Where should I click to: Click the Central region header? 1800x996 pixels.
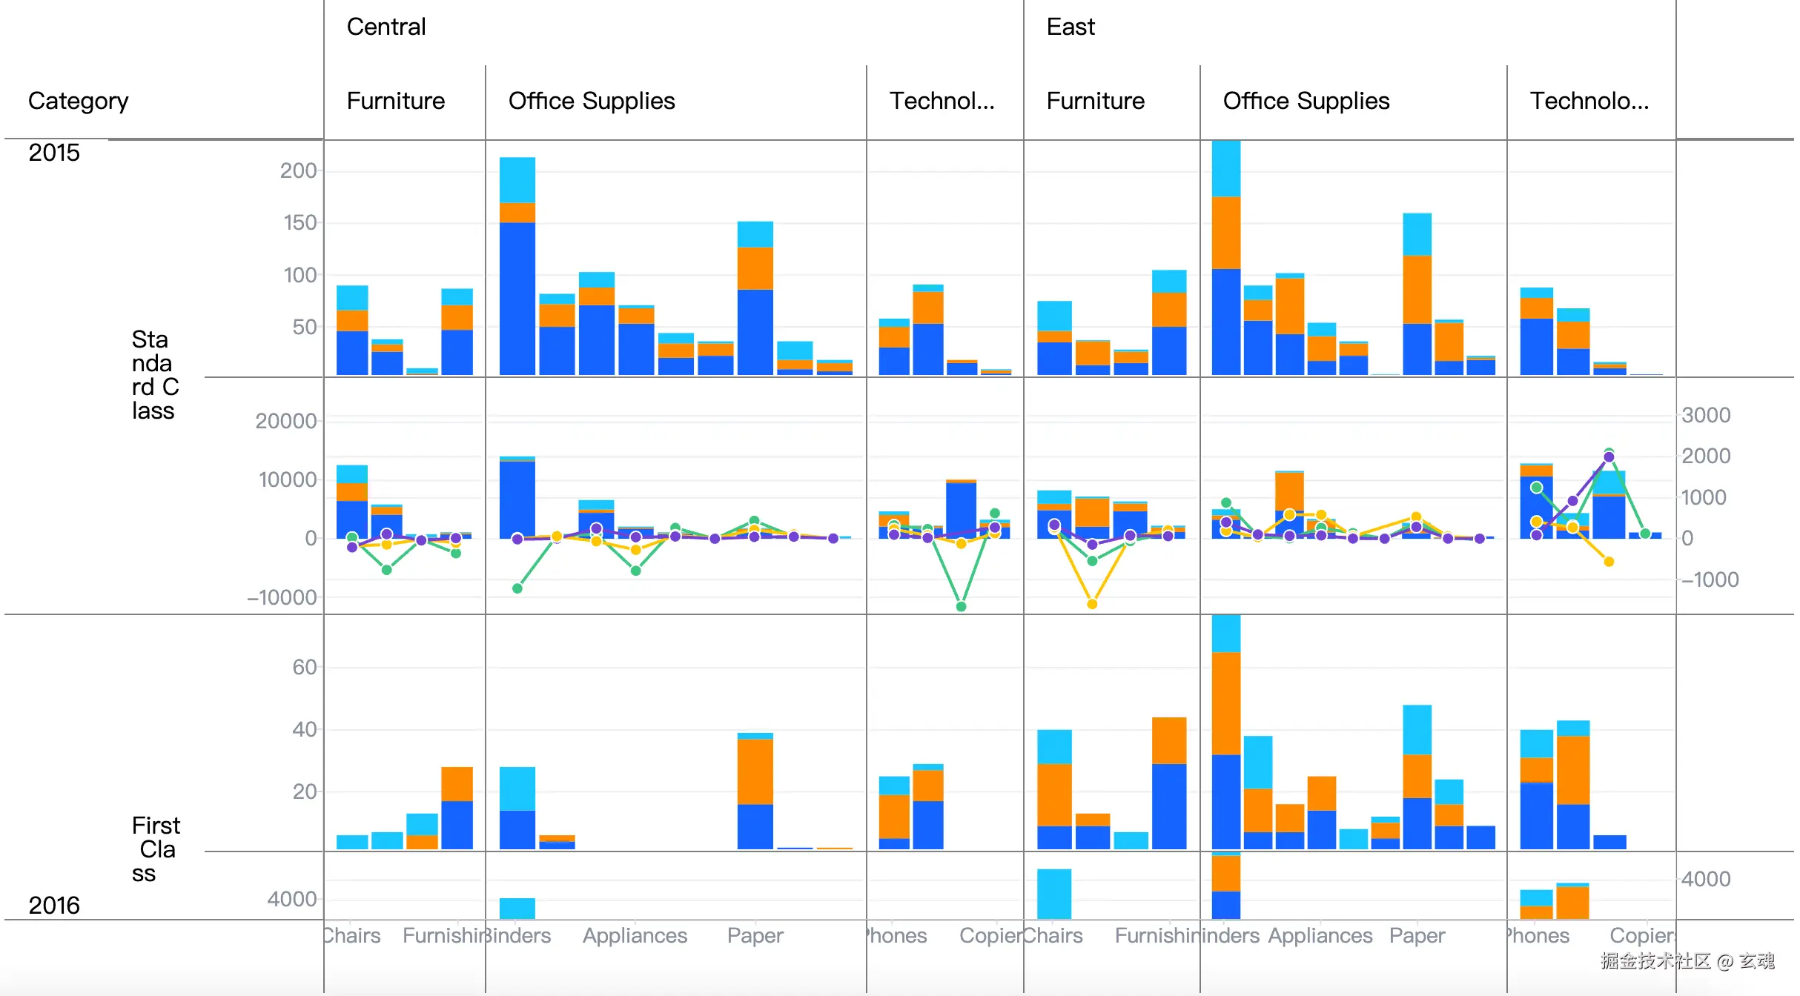pyautogui.click(x=386, y=27)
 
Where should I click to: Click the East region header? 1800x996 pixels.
pyautogui.click(x=1071, y=27)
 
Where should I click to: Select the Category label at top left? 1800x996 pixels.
pyautogui.click(x=78, y=101)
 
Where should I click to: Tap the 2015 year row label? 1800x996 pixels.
pyautogui.click(x=54, y=153)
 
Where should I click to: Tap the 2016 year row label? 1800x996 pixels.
pyautogui.click(x=54, y=905)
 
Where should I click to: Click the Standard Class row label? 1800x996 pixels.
pyautogui.click(x=154, y=375)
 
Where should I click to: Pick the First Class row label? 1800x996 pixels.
pyautogui.click(x=155, y=849)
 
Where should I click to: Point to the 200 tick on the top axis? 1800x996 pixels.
pyautogui.click(x=298, y=170)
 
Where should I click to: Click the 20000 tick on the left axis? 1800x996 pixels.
pyautogui.click(x=285, y=421)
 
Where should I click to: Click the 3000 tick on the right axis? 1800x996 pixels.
pyautogui.click(x=1706, y=415)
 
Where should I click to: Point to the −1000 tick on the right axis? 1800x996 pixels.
pyautogui.click(x=1710, y=580)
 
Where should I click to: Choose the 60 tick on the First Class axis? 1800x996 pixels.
pyautogui.click(x=304, y=667)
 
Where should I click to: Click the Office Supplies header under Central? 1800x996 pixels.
pyautogui.click(x=592, y=101)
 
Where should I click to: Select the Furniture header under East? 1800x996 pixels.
pyautogui.click(x=1096, y=101)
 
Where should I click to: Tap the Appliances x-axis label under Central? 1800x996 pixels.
pyautogui.click(x=635, y=935)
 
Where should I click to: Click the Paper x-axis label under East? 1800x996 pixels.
pyautogui.click(x=1417, y=935)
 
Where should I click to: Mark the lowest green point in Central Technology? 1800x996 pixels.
pyautogui.click(x=961, y=606)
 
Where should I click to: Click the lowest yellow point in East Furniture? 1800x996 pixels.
pyautogui.click(x=1092, y=604)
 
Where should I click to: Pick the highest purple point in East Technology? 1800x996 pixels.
pyautogui.click(x=1609, y=457)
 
